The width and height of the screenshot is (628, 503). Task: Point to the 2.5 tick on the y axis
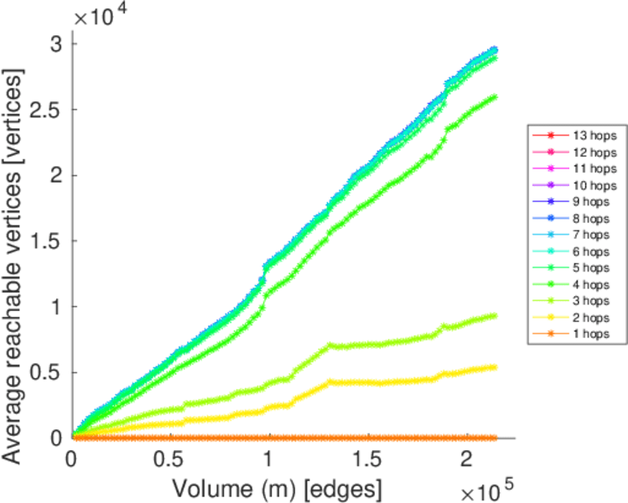pyautogui.click(x=51, y=109)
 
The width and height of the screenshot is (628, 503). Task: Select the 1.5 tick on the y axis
pyautogui.click(x=51, y=241)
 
